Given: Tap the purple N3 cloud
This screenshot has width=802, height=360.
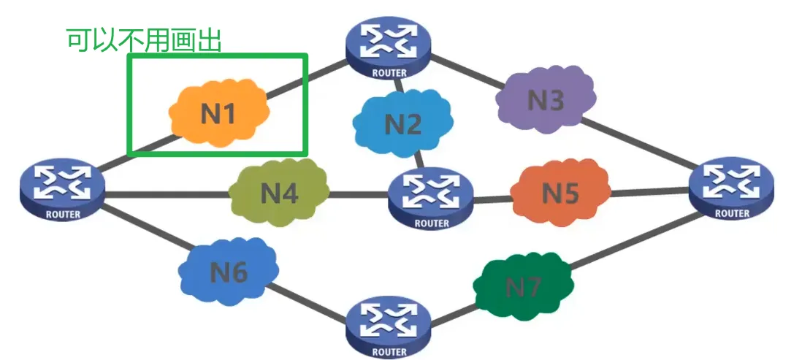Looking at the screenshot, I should pos(545,101).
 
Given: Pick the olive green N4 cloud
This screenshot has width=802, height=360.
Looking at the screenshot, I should pos(279,194).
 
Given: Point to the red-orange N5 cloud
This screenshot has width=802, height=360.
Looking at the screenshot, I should pos(560,194).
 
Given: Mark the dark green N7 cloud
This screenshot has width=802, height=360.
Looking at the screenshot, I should pos(523,287).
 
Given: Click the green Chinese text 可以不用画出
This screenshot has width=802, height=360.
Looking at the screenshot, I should pos(144,39).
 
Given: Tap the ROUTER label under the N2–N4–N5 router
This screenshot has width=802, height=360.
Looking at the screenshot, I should pos(431,223).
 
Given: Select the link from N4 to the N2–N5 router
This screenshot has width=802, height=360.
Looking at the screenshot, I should pos(358,195).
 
